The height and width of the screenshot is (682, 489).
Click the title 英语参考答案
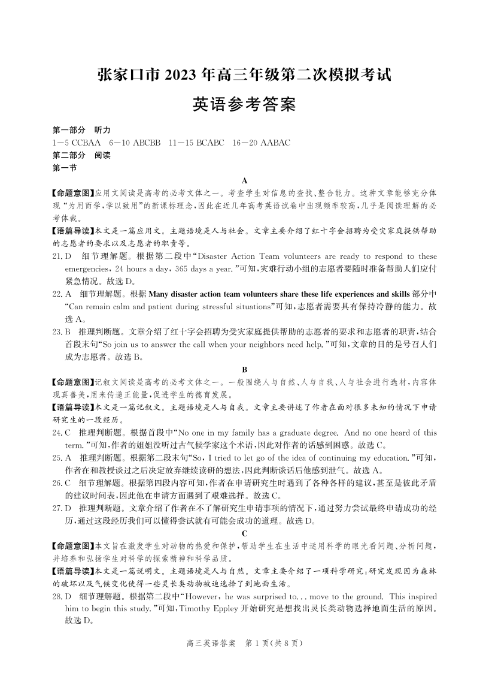(x=244, y=105)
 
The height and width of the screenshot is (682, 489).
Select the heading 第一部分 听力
(x=82, y=130)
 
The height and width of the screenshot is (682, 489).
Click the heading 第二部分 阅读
(x=82, y=155)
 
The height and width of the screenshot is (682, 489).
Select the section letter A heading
(x=245, y=180)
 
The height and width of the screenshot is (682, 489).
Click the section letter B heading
(x=245, y=369)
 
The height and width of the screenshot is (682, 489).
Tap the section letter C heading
(x=245, y=533)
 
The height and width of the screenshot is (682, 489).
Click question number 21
(x=58, y=256)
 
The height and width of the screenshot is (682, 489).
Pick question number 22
(x=58, y=294)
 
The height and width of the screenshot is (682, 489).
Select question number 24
(x=58, y=433)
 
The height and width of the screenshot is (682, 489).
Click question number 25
(x=58, y=458)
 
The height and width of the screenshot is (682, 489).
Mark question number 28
(x=58, y=596)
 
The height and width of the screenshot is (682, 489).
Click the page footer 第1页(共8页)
(x=275, y=644)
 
